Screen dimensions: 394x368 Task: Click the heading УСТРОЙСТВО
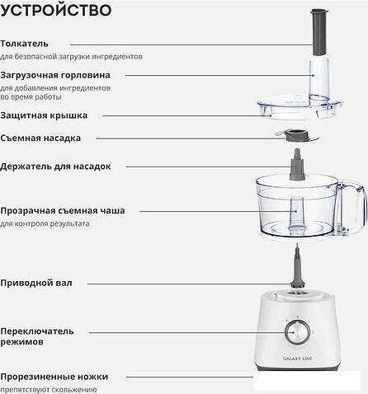coord(56,11)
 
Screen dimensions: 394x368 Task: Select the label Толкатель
coord(25,43)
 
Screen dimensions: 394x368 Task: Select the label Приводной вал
coord(36,283)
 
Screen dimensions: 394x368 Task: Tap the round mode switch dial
coord(295,331)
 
